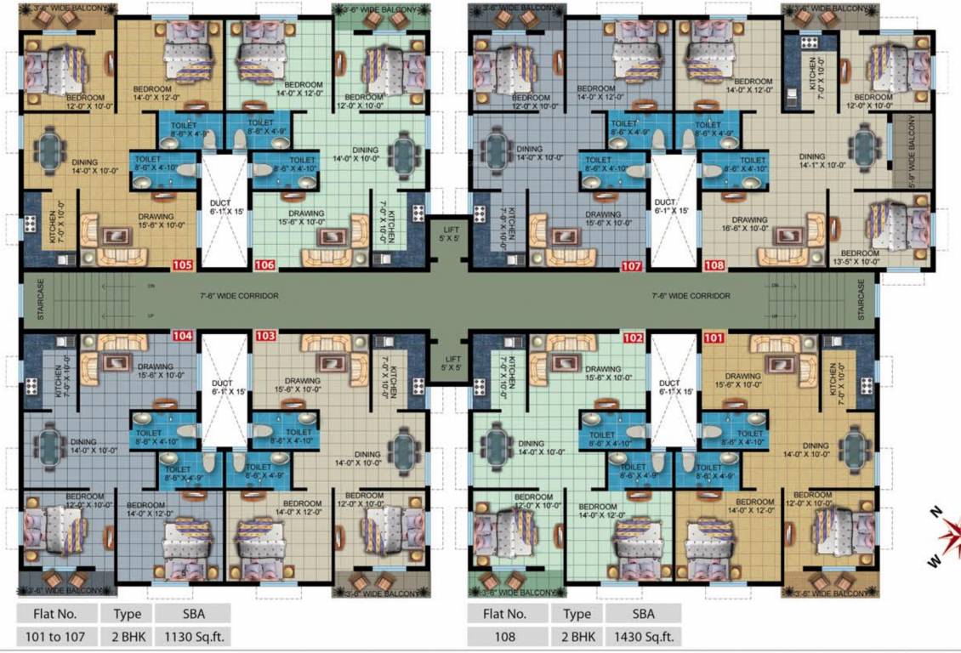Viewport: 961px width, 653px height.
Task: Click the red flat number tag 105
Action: coord(183,265)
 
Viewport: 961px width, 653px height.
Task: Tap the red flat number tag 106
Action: coord(264,265)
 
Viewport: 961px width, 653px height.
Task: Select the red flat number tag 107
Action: coord(631,265)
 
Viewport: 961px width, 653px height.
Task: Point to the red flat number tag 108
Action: coord(714,265)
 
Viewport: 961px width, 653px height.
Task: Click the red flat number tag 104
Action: coord(183,336)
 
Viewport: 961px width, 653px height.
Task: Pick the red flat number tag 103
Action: coord(265,336)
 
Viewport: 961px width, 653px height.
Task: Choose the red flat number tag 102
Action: coord(632,336)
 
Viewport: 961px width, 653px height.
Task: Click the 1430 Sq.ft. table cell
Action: coord(643,635)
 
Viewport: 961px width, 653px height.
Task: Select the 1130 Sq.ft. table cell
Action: coord(192,635)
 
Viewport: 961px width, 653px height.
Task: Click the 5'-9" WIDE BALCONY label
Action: coord(912,151)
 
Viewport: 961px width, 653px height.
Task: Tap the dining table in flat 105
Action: coord(53,151)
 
